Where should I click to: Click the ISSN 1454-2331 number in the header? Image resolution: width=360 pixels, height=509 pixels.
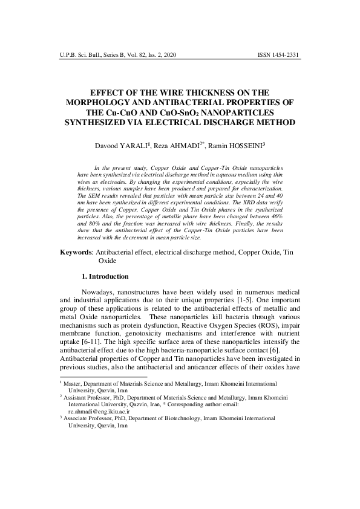click(x=278, y=55)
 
